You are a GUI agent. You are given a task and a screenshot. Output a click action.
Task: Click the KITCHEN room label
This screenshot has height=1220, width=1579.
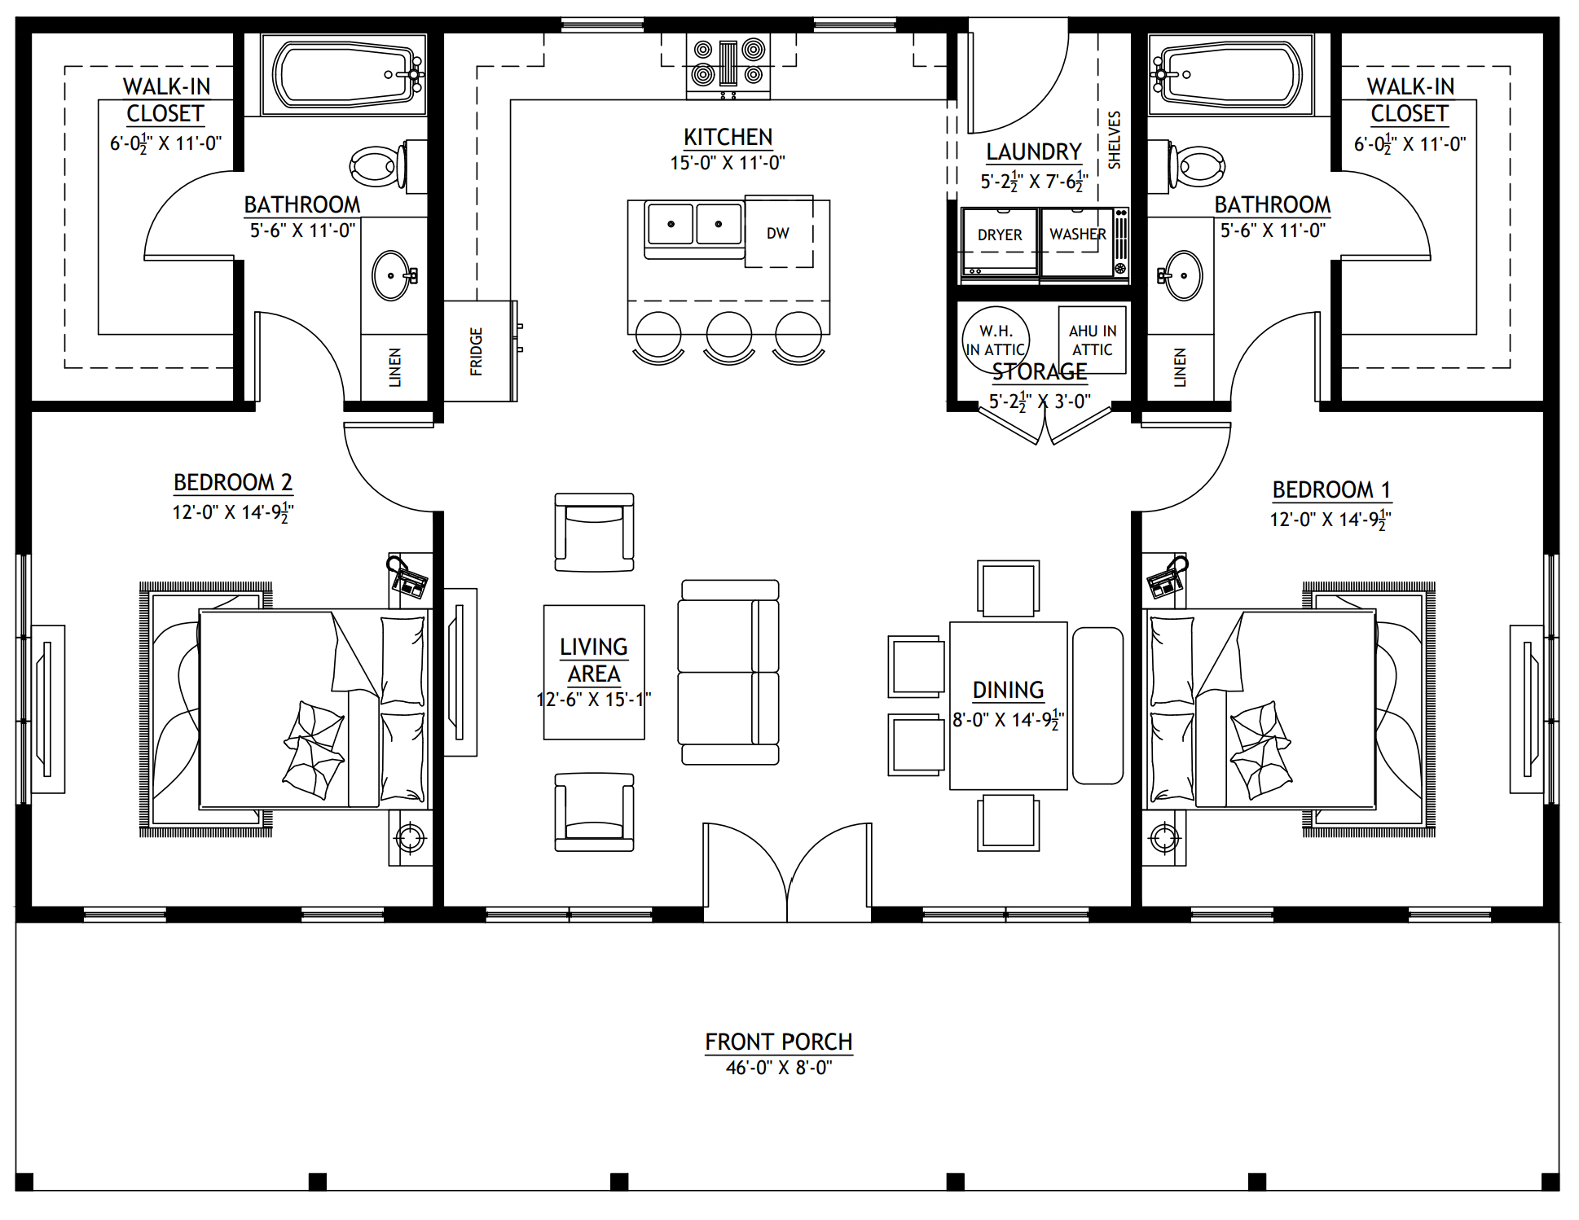click(728, 137)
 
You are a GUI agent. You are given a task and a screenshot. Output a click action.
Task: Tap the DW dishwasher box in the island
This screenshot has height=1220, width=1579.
click(779, 232)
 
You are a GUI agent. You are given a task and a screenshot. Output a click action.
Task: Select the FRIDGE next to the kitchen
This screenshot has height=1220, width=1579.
click(480, 351)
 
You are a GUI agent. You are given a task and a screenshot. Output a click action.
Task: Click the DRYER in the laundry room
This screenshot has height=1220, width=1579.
click(1000, 242)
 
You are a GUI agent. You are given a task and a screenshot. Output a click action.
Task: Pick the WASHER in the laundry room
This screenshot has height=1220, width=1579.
click(1078, 242)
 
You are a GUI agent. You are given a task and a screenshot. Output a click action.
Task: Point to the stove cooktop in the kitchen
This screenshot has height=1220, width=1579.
click(728, 64)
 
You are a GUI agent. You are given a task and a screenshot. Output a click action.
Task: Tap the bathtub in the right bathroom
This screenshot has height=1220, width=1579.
click(1229, 75)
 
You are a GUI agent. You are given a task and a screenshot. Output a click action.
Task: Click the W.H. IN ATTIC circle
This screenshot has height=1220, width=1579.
click(996, 339)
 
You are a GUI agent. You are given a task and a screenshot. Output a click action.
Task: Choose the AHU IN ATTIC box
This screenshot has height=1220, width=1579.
click(1093, 340)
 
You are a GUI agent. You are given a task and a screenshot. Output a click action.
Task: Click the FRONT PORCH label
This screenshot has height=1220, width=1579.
click(779, 1042)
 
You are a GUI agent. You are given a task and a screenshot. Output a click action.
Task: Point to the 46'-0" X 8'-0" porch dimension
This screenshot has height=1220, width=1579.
click(779, 1068)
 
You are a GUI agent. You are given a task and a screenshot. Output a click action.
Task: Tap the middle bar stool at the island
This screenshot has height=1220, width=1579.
click(729, 337)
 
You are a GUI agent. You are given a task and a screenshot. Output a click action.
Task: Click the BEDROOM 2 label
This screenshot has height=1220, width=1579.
click(233, 482)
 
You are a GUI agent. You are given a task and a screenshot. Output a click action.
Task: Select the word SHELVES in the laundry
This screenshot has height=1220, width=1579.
click(1115, 140)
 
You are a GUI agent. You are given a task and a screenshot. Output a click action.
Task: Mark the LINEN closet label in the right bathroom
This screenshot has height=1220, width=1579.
click(1180, 366)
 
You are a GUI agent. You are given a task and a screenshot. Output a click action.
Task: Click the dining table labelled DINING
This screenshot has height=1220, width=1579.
click(1009, 705)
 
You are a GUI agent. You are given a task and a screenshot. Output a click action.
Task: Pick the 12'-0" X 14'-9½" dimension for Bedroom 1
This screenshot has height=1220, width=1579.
click(1330, 518)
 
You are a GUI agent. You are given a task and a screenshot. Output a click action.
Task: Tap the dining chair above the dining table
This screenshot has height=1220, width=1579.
click(1009, 588)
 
